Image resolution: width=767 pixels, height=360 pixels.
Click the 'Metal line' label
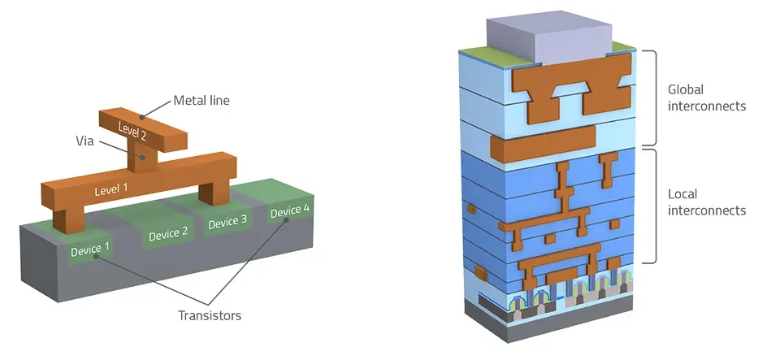[x=201, y=101]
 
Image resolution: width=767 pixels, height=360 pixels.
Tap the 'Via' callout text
[x=84, y=141]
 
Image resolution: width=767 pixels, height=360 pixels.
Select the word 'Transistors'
[x=210, y=315]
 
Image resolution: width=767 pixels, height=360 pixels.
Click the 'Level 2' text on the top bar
[x=132, y=130]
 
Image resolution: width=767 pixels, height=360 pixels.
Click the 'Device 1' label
[x=90, y=249]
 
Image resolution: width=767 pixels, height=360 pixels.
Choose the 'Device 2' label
[x=168, y=233]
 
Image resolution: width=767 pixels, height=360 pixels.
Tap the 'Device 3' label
[x=227, y=222]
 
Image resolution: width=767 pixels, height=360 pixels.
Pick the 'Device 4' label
[x=289, y=210]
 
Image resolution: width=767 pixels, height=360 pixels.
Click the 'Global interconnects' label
[x=707, y=98]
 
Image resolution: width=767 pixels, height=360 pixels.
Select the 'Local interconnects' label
[x=707, y=202]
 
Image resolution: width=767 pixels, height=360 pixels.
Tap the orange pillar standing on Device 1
[x=68, y=221]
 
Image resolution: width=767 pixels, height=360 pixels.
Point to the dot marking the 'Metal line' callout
[x=141, y=117]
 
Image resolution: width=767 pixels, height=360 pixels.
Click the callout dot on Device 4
[x=286, y=219]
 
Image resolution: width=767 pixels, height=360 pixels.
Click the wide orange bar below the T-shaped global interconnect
[x=543, y=143]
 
